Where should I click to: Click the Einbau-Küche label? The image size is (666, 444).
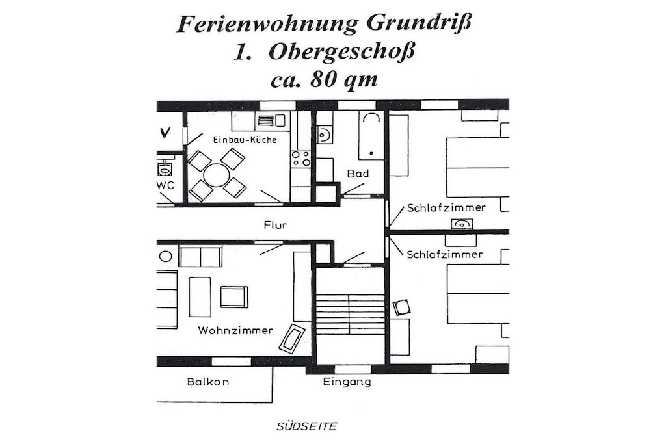pos(245,140)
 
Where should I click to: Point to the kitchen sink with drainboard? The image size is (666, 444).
pos(271,120)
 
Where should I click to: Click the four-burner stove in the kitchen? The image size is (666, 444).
pos(300,159)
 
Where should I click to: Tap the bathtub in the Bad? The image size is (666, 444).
pos(371,135)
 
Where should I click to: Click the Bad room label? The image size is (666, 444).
pos(358,173)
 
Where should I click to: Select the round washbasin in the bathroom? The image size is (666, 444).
pos(324,135)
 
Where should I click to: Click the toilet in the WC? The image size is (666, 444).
pos(165,168)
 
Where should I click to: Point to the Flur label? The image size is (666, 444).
pos(275,225)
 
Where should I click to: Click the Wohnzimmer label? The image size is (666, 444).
pos(235,330)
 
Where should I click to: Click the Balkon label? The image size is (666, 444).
pos(208,382)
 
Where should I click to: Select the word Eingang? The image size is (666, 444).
pos(347,382)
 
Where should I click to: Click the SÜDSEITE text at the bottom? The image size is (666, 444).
pos(307,426)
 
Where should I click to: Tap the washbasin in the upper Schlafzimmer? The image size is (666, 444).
pos(462,224)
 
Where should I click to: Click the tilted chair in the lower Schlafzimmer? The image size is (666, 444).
pos(401,307)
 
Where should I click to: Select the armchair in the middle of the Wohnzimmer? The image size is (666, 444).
pos(234,296)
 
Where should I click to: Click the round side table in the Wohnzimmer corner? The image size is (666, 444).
pos(166,256)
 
